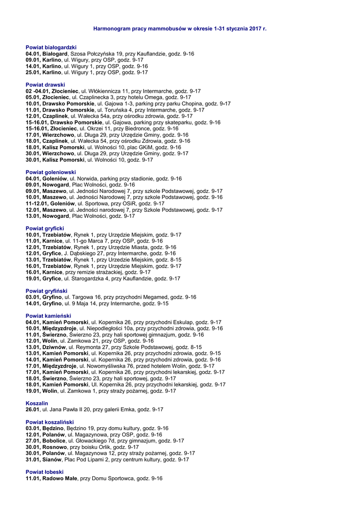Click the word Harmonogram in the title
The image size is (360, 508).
pyautogui.click(x=112, y=29)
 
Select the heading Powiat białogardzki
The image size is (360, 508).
pyautogui.click(x=51, y=47)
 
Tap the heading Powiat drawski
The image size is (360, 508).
pyautogui.click(x=45, y=85)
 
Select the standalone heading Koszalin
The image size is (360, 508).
pyautogui.click(x=37, y=403)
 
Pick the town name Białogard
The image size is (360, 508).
pyautogui.click(x=55, y=54)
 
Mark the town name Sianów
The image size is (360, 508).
pyautogui.click(x=52, y=459)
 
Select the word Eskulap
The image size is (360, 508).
pyautogui.click(x=182, y=322)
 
